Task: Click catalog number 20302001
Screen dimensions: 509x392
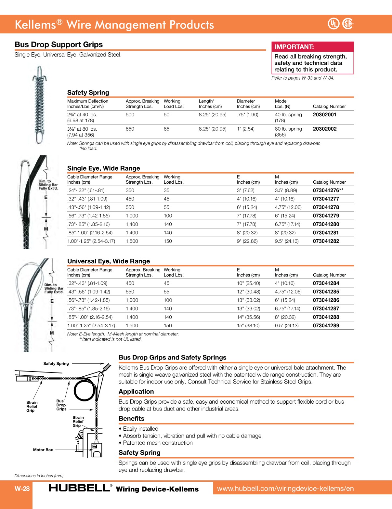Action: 324,115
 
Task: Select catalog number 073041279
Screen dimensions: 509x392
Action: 326,216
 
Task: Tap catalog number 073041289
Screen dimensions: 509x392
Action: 326,326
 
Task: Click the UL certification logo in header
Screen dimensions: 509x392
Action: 333,24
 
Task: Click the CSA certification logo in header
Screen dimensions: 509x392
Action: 348,24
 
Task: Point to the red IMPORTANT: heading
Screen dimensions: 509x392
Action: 294,47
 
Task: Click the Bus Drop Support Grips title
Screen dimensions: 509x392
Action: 59,45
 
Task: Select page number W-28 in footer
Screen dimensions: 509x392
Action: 22,489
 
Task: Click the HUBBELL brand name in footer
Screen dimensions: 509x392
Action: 79,488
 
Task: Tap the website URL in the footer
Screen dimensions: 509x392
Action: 285,489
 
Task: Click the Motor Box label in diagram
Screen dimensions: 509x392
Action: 43,450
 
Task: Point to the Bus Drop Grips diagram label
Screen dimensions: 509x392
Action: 61,405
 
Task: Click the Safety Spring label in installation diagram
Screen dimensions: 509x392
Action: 56,364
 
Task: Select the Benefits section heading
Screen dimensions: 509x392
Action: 131,419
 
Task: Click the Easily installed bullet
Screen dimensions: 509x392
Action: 140,429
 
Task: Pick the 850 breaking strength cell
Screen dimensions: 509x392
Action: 130,129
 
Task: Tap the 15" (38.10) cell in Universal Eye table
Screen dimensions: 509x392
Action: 248,326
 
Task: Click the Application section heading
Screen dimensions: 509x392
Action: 136,392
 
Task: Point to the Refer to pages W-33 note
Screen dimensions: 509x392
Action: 303,78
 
